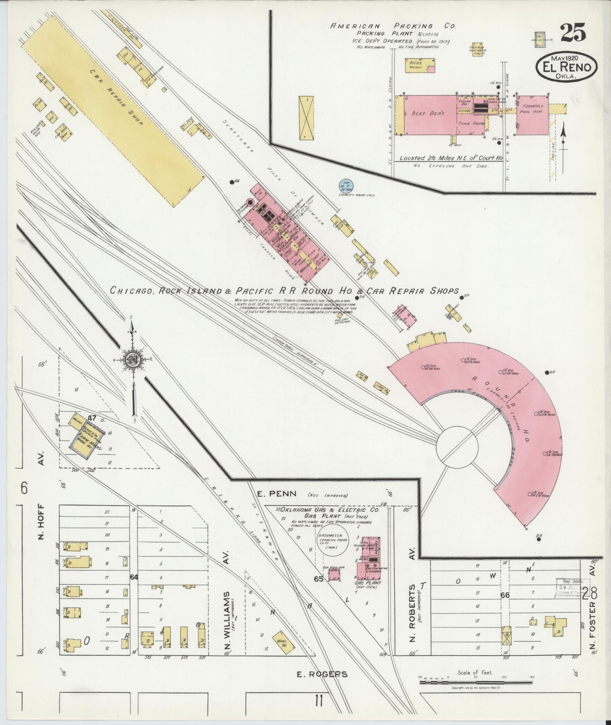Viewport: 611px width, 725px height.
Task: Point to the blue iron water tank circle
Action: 346,186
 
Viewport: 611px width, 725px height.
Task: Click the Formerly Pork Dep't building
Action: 532,115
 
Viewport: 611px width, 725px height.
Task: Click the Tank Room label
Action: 469,124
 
